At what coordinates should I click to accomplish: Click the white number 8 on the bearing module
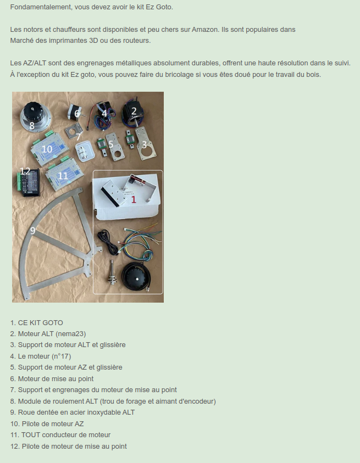(x=32, y=125)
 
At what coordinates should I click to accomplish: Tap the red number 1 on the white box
(x=134, y=199)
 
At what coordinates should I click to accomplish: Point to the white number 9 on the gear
(x=33, y=230)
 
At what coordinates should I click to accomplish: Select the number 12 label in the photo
(x=25, y=171)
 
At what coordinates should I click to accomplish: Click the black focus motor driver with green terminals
(x=28, y=182)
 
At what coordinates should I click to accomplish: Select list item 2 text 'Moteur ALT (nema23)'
(x=52, y=334)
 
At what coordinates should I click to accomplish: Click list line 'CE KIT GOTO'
(x=41, y=323)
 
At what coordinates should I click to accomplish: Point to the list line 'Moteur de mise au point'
(x=56, y=379)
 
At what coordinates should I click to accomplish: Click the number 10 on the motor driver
(x=47, y=149)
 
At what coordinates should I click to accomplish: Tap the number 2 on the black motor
(x=134, y=111)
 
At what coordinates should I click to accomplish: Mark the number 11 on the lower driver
(x=63, y=176)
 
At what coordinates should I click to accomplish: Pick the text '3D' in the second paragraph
(x=93, y=41)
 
